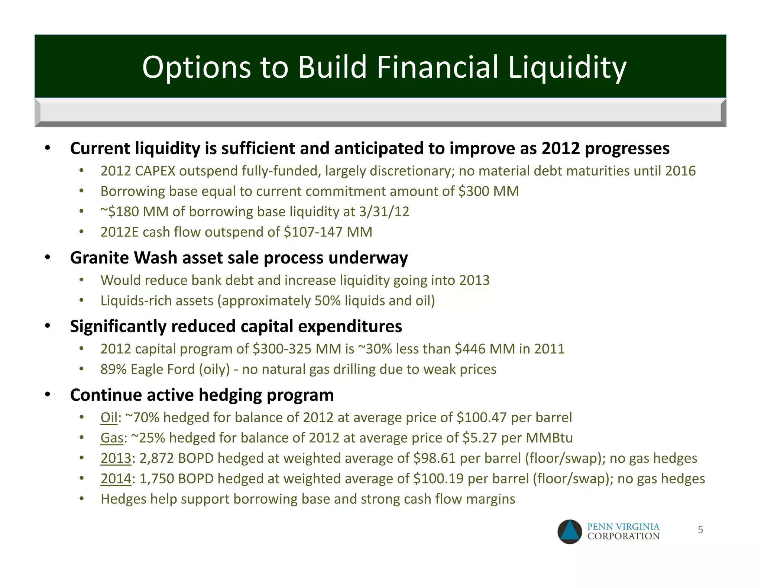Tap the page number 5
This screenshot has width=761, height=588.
point(700,530)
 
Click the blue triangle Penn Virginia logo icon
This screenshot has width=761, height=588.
point(570,532)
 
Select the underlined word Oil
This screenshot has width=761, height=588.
point(109,417)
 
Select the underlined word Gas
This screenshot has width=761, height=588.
point(111,438)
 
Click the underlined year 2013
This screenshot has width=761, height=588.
point(116,458)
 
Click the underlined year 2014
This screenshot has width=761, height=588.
point(116,479)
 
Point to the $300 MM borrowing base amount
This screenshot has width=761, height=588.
point(488,191)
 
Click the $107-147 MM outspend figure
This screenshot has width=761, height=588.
point(328,232)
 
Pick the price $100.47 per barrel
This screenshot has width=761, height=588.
point(481,417)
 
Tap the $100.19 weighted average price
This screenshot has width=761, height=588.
point(438,479)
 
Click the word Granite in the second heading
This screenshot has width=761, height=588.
point(99,258)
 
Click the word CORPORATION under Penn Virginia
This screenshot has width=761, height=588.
point(623,536)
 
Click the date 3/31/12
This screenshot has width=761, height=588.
point(384,211)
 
